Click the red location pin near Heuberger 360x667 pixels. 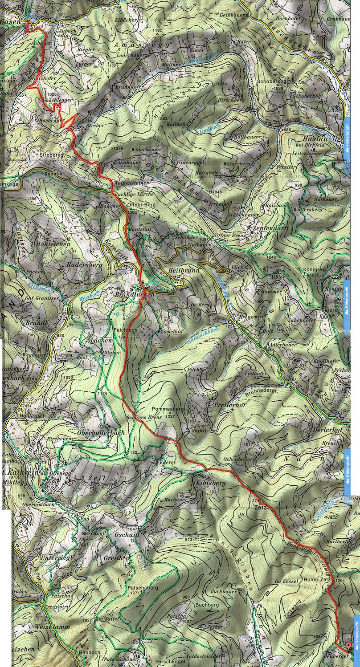click(348, 645)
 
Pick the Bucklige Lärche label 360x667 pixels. click(134, 195)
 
